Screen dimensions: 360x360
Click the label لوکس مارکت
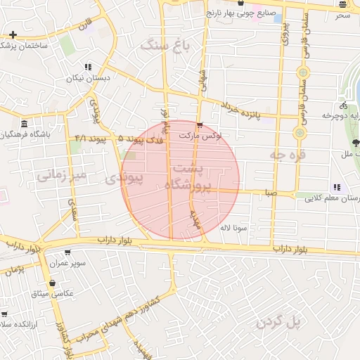pos(200,136)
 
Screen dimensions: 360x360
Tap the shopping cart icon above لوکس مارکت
pos(201,126)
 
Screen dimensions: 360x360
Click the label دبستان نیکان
pos(89,77)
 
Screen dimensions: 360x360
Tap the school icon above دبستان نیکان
pos(89,67)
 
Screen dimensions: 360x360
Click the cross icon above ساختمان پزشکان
pos(13,34)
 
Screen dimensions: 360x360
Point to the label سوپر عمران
pos(67,263)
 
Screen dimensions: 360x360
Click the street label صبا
pos(270,191)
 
